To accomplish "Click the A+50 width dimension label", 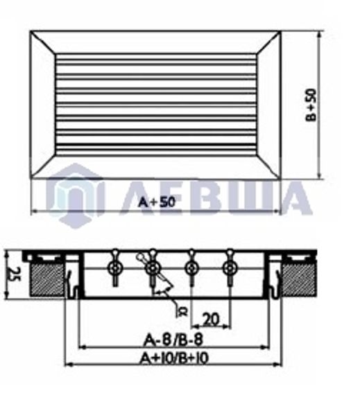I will (x=156, y=202).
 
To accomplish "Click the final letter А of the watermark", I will (x=295, y=197).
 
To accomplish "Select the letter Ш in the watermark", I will (x=254, y=197).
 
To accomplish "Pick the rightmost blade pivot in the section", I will (x=230, y=267).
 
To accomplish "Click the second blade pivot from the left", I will (x=152, y=267).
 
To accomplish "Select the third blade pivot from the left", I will (x=191, y=267).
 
